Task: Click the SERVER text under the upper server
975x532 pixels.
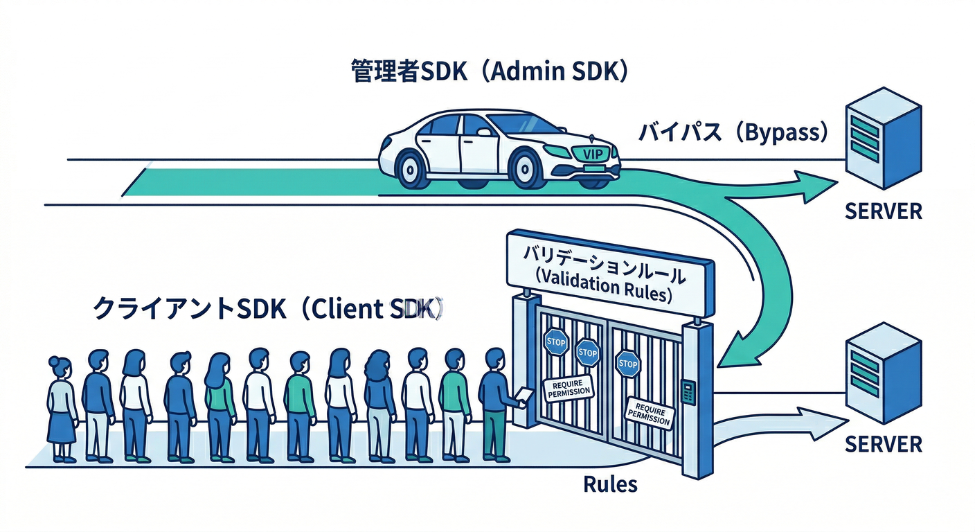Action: click(884, 211)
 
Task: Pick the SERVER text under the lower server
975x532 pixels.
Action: click(884, 443)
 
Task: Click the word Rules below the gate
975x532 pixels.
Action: click(610, 484)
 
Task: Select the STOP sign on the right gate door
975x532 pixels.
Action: click(628, 364)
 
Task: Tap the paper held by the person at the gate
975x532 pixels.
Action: click(524, 396)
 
